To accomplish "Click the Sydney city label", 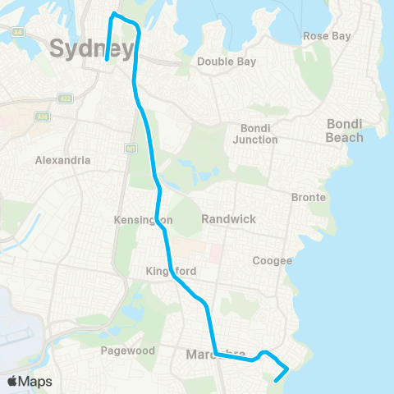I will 91,49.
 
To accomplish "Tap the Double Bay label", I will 227,62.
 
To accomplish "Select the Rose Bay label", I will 327,36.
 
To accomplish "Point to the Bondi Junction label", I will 259,134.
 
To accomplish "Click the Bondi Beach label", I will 345,131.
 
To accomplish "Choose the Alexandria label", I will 62,161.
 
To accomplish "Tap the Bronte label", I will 309,198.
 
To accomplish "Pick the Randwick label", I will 230,219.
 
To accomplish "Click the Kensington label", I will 143,221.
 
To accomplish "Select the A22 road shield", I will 65,98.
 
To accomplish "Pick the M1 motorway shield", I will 131,149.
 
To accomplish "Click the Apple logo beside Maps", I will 13,381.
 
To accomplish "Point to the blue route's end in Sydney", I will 108,59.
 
